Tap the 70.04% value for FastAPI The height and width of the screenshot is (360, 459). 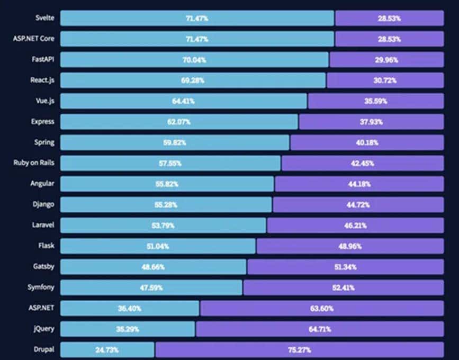pyautogui.click(x=194, y=60)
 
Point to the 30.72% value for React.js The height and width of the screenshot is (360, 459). pyautogui.click(x=385, y=80)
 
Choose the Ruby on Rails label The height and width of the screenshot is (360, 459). pyautogui.click(x=33, y=163)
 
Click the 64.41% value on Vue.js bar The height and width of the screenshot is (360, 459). pyautogui.click(x=183, y=101)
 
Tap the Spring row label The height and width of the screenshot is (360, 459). pyautogui.click(x=43, y=142)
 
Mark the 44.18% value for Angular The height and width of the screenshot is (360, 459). pyautogui.click(x=359, y=184)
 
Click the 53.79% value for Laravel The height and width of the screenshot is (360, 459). pyautogui.click(x=163, y=226)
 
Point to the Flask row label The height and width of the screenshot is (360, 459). pyautogui.click(x=46, y=246)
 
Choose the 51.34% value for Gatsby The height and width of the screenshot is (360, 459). pyautogui.click(x=345, y=267)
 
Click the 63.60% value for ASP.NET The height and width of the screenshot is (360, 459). pyautogui.click(x=322, y=308)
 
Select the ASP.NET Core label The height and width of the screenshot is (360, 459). pyautogui.click(x=33, y=39)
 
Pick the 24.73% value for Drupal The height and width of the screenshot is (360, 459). pyautogui.click(x=107, y=350)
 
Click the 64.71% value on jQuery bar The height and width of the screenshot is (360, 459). pyautogui.click(x=320, y=329)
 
